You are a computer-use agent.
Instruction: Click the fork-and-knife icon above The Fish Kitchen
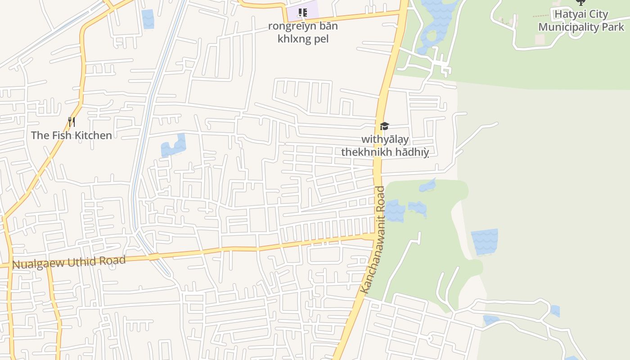[x=71, y=121]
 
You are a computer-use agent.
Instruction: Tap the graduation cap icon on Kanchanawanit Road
[x=384, y=126]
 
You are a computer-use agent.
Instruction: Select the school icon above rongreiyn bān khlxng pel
[x=303, y=13]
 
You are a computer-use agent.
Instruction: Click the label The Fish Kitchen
[x=71, y=135]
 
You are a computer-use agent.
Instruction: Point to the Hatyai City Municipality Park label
[x=581, y=21]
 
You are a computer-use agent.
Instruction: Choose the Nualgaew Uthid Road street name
[x=68, y=262]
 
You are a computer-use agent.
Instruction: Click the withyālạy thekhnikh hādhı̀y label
[x=385, y=146]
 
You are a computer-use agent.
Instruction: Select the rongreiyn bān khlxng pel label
[x=303, y=32]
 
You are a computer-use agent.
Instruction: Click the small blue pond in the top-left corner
[x=148, y=19]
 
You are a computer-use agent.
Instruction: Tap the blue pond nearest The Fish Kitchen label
[x=174, y=146]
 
